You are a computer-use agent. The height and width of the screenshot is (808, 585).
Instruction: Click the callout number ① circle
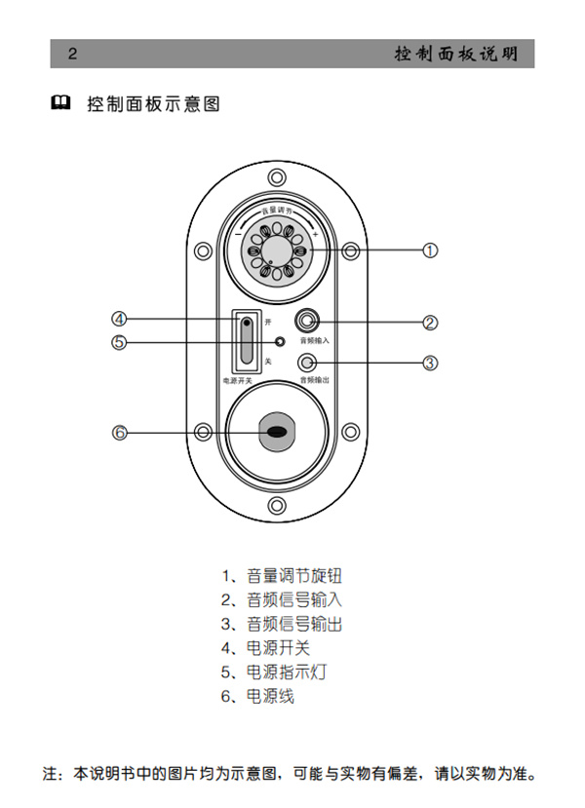coord(429,250)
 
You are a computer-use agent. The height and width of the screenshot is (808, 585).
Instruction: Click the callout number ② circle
coord(430,322)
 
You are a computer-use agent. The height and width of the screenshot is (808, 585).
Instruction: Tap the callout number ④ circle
coord(119,319)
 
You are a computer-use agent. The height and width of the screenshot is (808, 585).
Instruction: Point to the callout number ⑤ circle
coord(119,342)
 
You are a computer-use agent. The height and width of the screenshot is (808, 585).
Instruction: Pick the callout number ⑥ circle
coord(120,432)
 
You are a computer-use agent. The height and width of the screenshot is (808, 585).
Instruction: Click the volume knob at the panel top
coord(276,251)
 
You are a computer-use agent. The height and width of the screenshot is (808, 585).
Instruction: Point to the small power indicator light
coord(281,342)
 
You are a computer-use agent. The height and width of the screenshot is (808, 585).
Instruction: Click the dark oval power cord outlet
coord(277,432)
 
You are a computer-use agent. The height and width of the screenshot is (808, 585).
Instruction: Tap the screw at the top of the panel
coord(277,177)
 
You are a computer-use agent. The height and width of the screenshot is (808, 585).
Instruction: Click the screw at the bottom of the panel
coord(277,504)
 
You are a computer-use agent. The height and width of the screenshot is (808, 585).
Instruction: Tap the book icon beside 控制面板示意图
coord(60,102)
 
